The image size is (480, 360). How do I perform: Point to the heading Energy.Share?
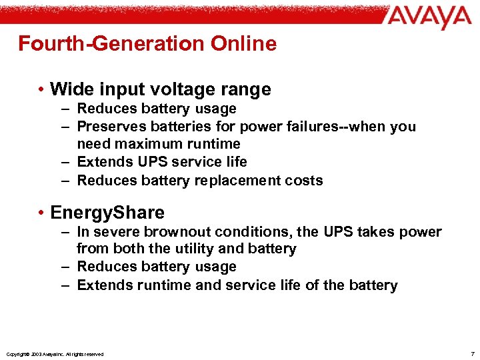107,213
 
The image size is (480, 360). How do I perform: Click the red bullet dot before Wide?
41,89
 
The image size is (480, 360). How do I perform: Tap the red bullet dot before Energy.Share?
41,213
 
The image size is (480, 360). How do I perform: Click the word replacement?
253,180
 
